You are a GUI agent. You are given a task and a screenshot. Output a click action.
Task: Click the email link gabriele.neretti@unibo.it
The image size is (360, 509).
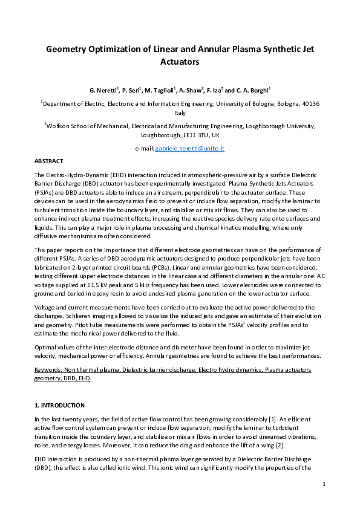coord(191,148)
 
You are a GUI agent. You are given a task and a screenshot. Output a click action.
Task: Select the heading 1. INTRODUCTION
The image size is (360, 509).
coord(59,405)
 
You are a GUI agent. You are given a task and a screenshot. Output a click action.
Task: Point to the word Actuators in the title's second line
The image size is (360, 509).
coord(180,61)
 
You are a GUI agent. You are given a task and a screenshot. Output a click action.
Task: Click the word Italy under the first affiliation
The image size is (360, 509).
coord(180,112)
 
